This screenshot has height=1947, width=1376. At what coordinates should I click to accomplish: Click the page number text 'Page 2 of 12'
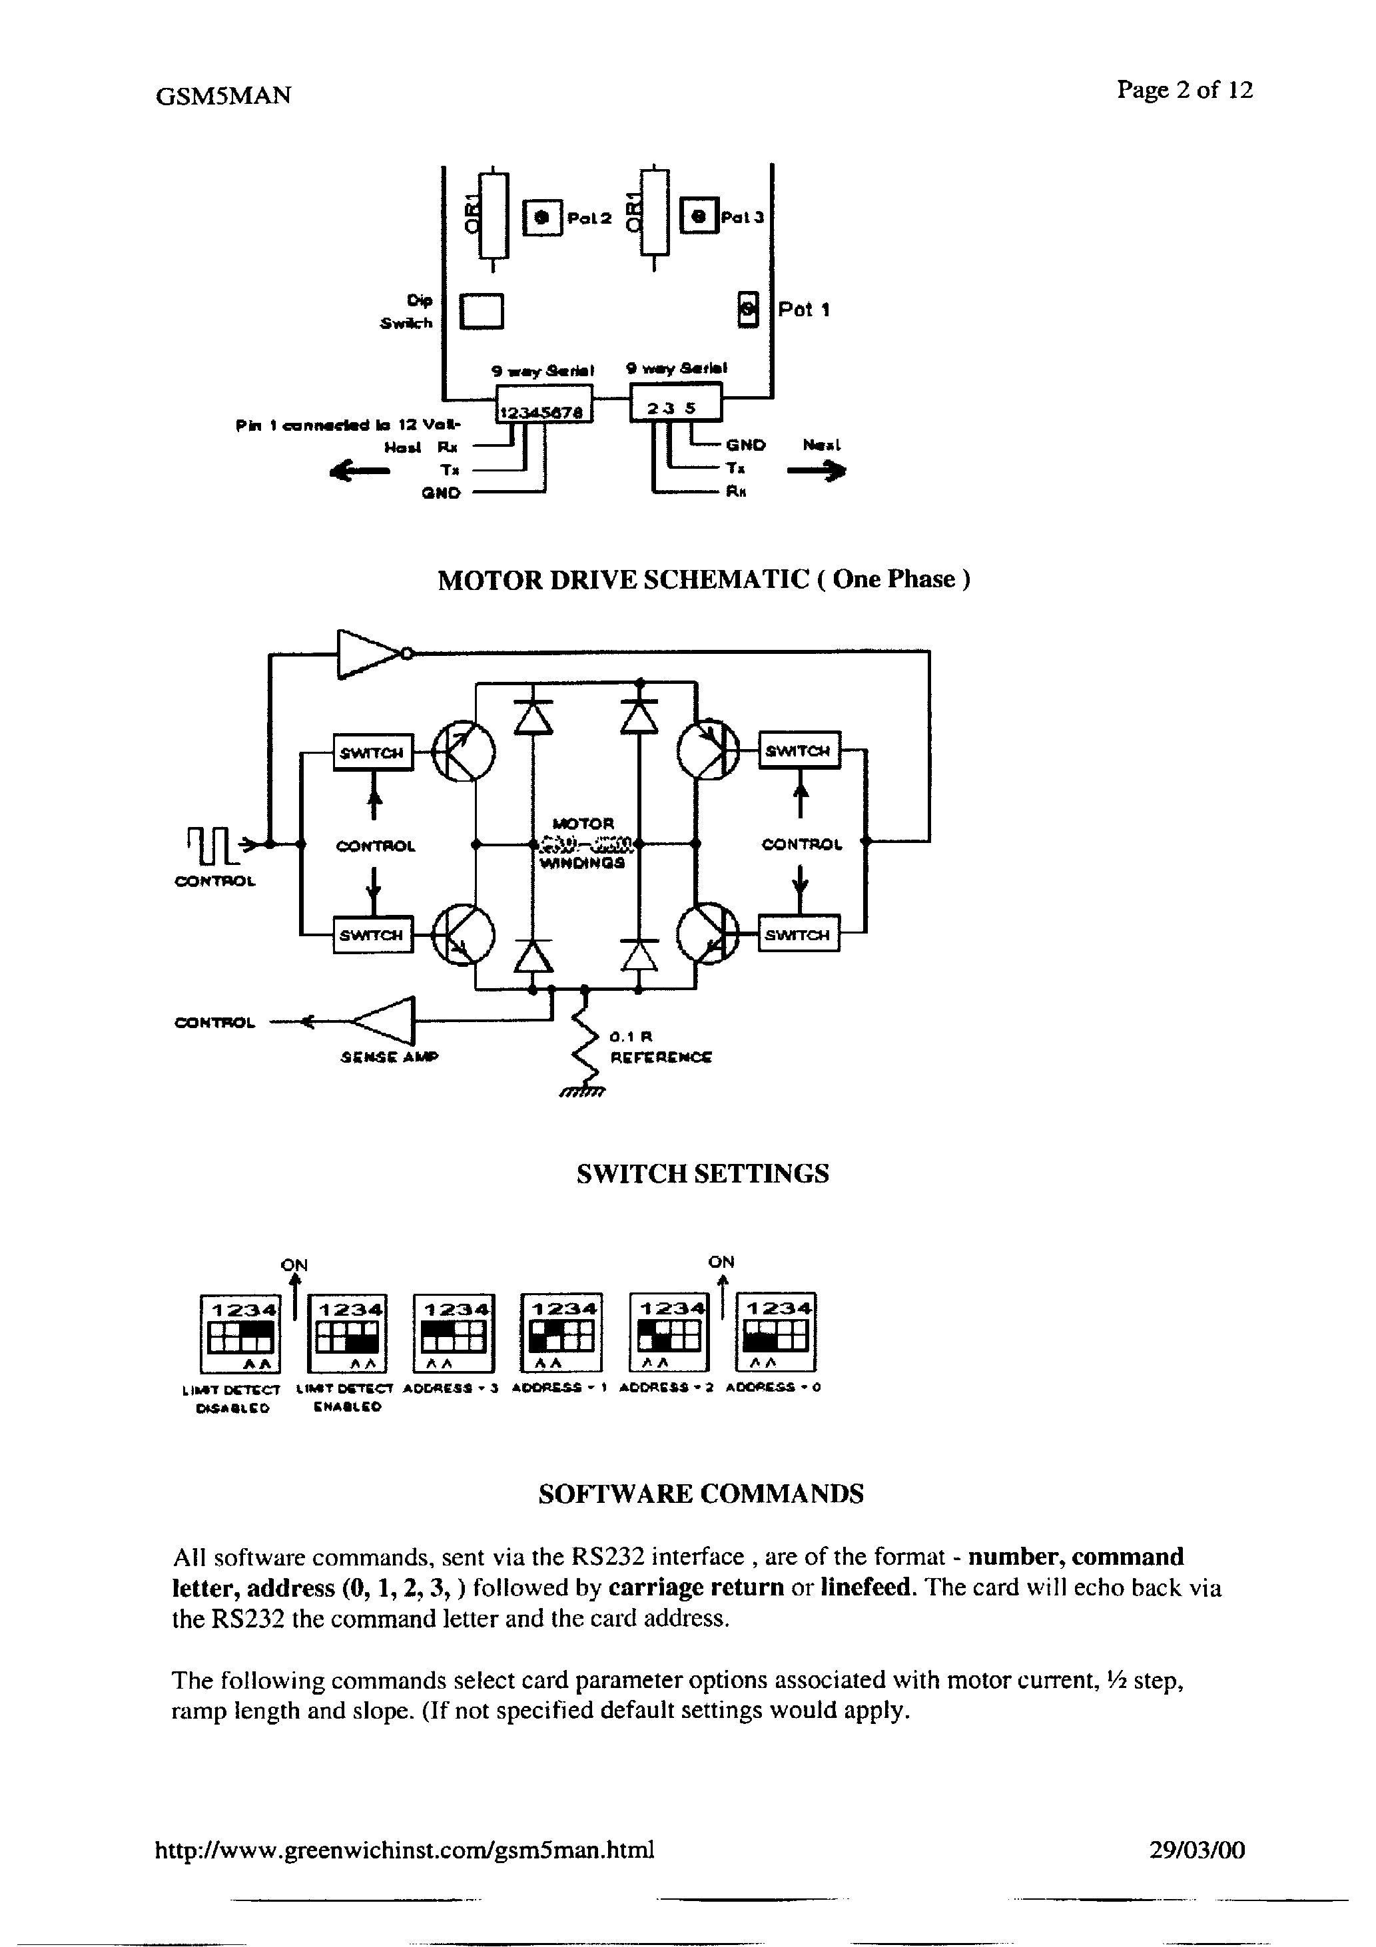pyautogui.click(x=1184, y=90)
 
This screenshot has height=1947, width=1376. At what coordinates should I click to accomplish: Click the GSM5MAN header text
pyautogui.click(x=223, y=96)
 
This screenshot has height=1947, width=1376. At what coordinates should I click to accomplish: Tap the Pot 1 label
pyautogui.click(x=803, y=310)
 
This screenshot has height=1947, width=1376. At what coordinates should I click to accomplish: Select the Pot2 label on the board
pyautogui.click(x=589, y=218)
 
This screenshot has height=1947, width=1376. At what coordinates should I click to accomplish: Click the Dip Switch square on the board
pyautogui.click(x=481, y=310)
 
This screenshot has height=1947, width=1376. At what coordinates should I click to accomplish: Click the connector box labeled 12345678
pyautogui.click(x=543, y=404)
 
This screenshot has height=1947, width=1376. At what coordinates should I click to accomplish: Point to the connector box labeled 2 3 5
pyautogui.click(x=675, y=402)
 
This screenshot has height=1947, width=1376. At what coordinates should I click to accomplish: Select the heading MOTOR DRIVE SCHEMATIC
pyautogui.click(x=703, y=579)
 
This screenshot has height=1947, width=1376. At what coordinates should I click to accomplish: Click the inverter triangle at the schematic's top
pyautogui.click(x=369, y=653)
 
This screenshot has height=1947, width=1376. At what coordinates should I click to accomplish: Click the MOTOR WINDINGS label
pyautogui.click(x=583, y=843)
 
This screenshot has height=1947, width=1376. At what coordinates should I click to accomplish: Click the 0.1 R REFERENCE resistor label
pyautogui.click(x=660, y=1047)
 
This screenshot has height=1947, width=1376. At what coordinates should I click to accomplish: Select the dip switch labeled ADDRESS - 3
pyautogui.click(x=453, y=1332)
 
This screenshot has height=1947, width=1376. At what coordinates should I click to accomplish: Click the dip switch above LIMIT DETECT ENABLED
pyautogui.click(x=346, y=1332)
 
